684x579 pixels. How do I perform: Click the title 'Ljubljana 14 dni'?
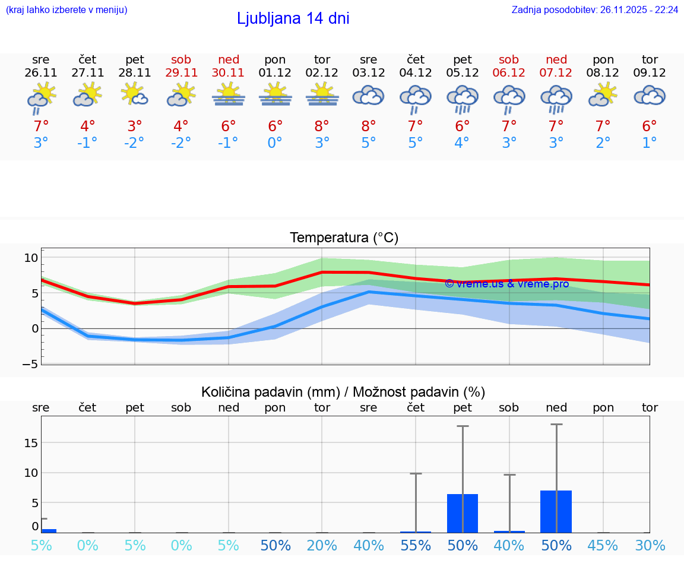[293, 18]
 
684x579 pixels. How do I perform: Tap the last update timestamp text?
[595, 10]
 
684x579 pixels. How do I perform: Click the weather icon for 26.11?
[41, 97]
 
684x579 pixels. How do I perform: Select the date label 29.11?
[181, 72]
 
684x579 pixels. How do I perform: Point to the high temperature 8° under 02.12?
[322, 126]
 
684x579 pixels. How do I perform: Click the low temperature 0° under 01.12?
[275, 143]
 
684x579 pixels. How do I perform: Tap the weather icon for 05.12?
[463, 99]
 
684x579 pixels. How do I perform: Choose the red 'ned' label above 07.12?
[556, 59]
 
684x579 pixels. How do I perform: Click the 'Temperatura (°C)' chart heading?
[344, 238]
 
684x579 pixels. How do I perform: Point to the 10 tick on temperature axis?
[31, 258]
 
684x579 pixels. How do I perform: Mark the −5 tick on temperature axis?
[30, 363]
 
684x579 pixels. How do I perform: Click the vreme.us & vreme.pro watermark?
[506, 284]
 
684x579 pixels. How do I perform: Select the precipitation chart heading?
[343, 392]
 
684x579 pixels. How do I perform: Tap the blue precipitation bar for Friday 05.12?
[463, 513]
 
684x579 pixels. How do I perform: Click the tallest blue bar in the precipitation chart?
[556, 511]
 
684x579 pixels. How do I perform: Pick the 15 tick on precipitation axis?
[31, 443]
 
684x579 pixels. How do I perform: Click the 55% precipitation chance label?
[416, 545]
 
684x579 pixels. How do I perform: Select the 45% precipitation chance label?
[603, 545]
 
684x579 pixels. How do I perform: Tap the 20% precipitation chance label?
[322, 545]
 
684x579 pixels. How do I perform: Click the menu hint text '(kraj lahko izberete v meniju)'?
[66, 10]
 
